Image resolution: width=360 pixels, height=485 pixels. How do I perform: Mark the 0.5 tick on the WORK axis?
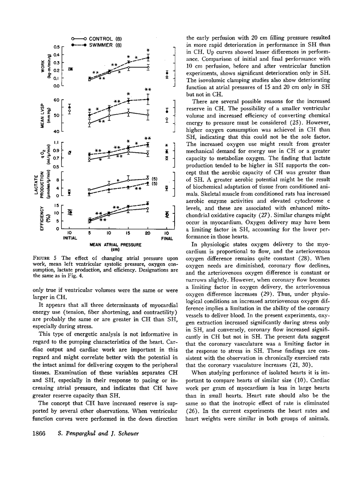[x=56, y=47]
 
